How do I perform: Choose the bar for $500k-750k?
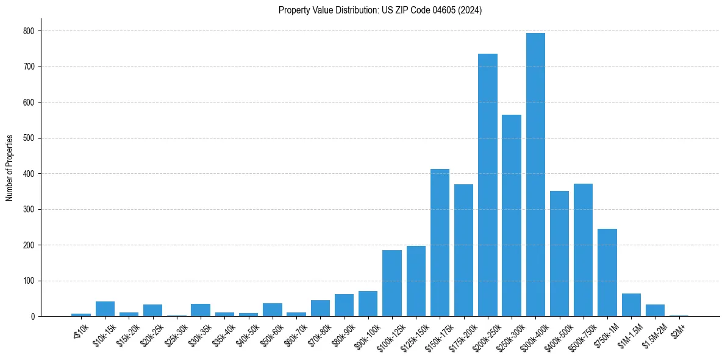point(583,250)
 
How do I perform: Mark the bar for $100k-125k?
point(392,283)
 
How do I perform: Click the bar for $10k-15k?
point(105,309)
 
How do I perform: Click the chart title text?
point(380,10)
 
